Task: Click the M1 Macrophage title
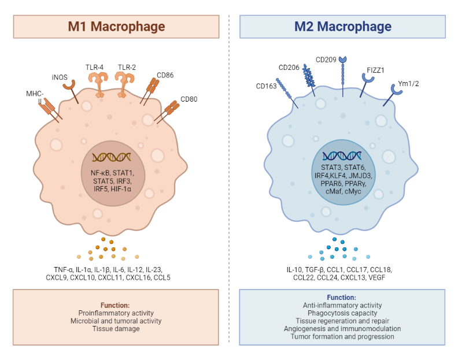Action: pos(116,27)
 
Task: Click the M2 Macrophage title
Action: pos(342,27)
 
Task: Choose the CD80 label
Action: pos(189,99)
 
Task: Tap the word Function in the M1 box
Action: pos(115,305)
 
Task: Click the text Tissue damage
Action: pos(115,329)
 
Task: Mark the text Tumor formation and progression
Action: pos(342,336)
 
